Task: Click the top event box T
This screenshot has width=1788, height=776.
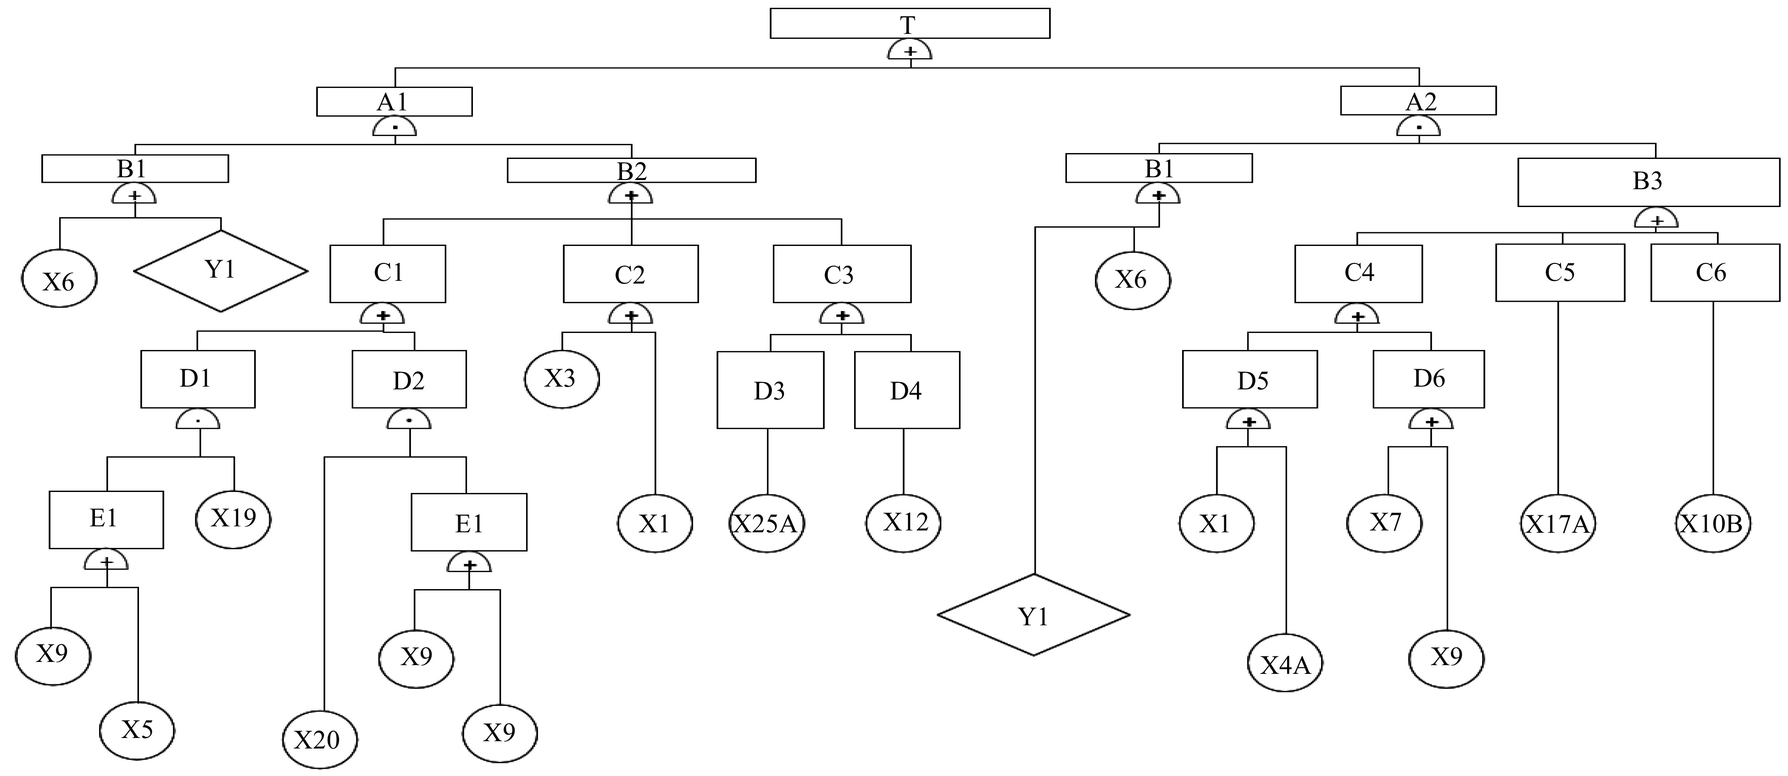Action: click(x=909, y=23)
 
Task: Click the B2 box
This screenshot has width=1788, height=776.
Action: click(x=631, y=170)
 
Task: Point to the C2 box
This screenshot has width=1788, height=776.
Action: click(x=630, y=274)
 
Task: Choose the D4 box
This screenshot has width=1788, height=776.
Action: click(x=906, y=390)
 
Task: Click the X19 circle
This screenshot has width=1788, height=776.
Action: click(x=233, y=518)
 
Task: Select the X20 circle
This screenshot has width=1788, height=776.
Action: click(x=320, y=739)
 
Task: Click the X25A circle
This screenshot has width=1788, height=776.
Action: click(x=766, y=524)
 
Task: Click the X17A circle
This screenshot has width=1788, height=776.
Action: click(x=1558, y=524)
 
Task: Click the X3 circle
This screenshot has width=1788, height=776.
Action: click(x=561, y=379)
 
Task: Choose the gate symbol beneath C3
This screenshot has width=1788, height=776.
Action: click(x=841, y=316)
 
